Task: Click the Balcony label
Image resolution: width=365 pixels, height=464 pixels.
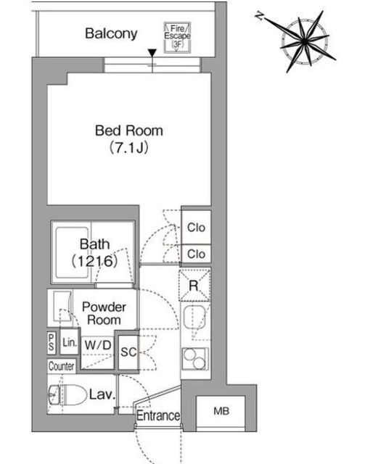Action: (x=111, y=34)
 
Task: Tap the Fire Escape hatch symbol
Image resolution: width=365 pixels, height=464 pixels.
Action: (x=178, y=38)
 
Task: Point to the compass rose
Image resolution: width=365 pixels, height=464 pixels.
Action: (x=305, y=41)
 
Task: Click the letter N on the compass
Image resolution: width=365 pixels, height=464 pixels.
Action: (x=260, y=16)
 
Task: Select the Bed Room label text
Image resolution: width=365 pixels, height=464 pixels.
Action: (x=129, y=130)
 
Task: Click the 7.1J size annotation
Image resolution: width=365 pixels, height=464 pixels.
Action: (x=129, y=148)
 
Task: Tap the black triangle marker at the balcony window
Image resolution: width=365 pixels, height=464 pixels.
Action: (x=152, y=53)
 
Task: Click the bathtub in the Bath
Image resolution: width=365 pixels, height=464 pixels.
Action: (x=72, y=253)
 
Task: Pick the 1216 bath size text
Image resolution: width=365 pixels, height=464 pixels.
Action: (x=95, y=261)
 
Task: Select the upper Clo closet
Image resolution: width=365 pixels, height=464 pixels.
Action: (x=196, y=227)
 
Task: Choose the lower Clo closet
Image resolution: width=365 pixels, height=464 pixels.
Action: (x=196, y=254)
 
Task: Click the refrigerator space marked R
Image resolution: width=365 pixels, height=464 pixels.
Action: (x=194, y=286)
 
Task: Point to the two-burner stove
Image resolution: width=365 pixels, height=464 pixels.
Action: (x=195, y=359)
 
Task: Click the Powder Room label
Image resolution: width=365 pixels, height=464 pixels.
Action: (x=104, y=313)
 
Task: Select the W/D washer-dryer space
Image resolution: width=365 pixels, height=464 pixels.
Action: (x=98, y=352)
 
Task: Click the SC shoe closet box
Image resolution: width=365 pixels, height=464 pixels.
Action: (x=128, y=352)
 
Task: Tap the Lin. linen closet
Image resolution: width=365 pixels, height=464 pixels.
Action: (x=70, y=343)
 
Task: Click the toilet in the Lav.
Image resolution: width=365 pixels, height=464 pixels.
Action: (x=67, y=395)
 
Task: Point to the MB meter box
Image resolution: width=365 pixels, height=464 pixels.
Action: (x=221, y=411)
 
